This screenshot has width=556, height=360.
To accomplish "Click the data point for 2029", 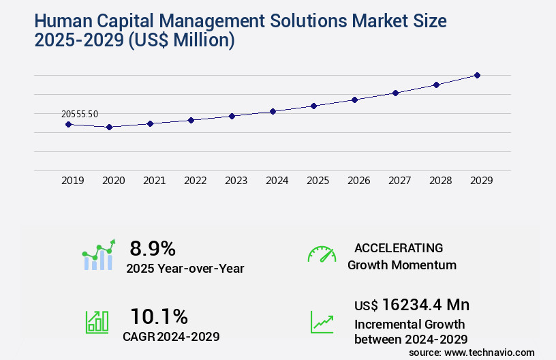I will tap(477, 75).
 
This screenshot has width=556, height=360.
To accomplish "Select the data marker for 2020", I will tap(109, 127).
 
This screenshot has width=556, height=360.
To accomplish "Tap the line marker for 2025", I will tap(313, 106).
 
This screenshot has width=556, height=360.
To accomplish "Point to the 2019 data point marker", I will tap(68, 124).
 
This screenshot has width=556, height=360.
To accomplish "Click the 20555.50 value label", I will tap(79, 114).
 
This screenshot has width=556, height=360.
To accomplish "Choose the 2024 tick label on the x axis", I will tap(277, 181).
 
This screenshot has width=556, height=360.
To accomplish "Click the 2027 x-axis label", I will tap(399, 181).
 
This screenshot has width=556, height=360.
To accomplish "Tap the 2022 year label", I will tap(195, 181).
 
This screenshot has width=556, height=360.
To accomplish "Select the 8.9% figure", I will tap(153, 247).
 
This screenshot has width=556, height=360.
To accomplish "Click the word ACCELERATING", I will tap(399, 247).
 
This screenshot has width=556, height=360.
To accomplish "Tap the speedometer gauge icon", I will tap(322, 254).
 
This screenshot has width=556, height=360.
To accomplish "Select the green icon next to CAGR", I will tap(96, 322).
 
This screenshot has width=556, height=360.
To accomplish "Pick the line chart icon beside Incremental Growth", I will tap(322, 322).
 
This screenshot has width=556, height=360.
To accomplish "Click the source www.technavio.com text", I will tap(472, 352).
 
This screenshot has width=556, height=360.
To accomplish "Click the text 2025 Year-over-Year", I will tap(185, 268).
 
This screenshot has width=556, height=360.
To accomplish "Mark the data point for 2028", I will tap(436, 85).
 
